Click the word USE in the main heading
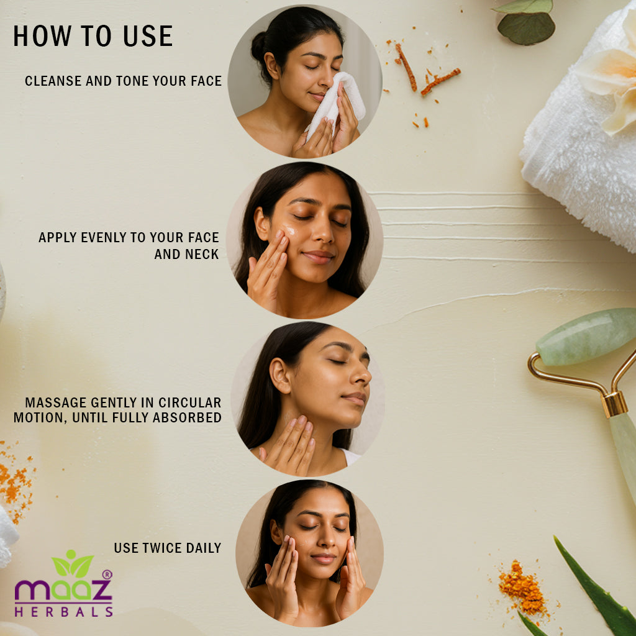pyautogui.click(x=148, y=35)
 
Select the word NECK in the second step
pyautogui.click(x=203, y=254)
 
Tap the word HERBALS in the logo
pyautogui.click(x=64, y=611)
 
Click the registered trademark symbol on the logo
pyautogui.click(x=107, y=574)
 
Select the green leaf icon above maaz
pyautogui.click(x=73, y=563)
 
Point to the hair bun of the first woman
pyautogui.click(x=259, y=47)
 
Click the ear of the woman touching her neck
pyautogui.click(x=280, y=375)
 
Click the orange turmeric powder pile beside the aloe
pyautogui.click(x=522, y=586)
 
